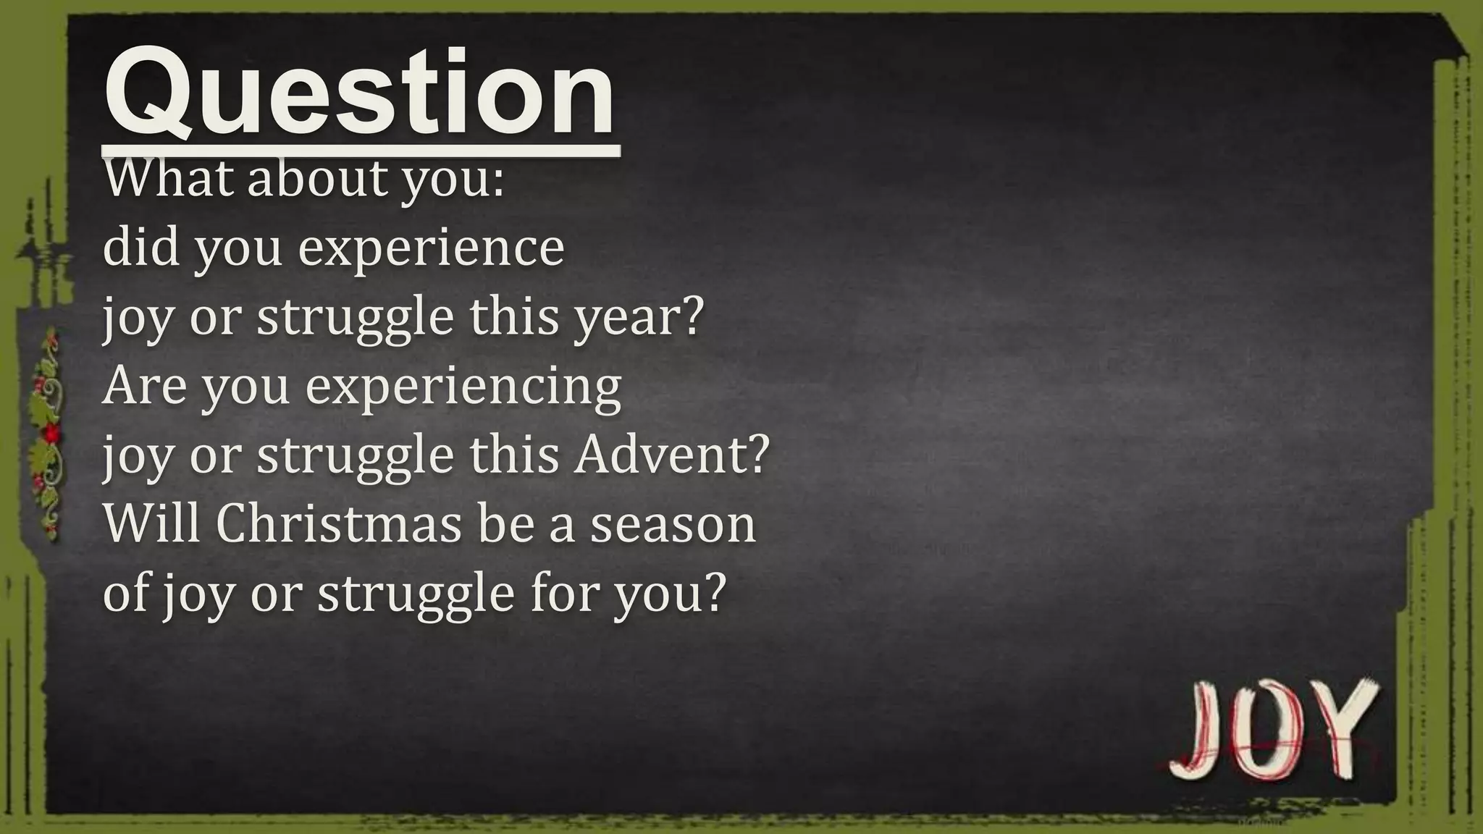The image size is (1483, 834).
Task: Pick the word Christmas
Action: (x=338, y=523)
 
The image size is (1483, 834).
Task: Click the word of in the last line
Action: (x=127, y=592)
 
